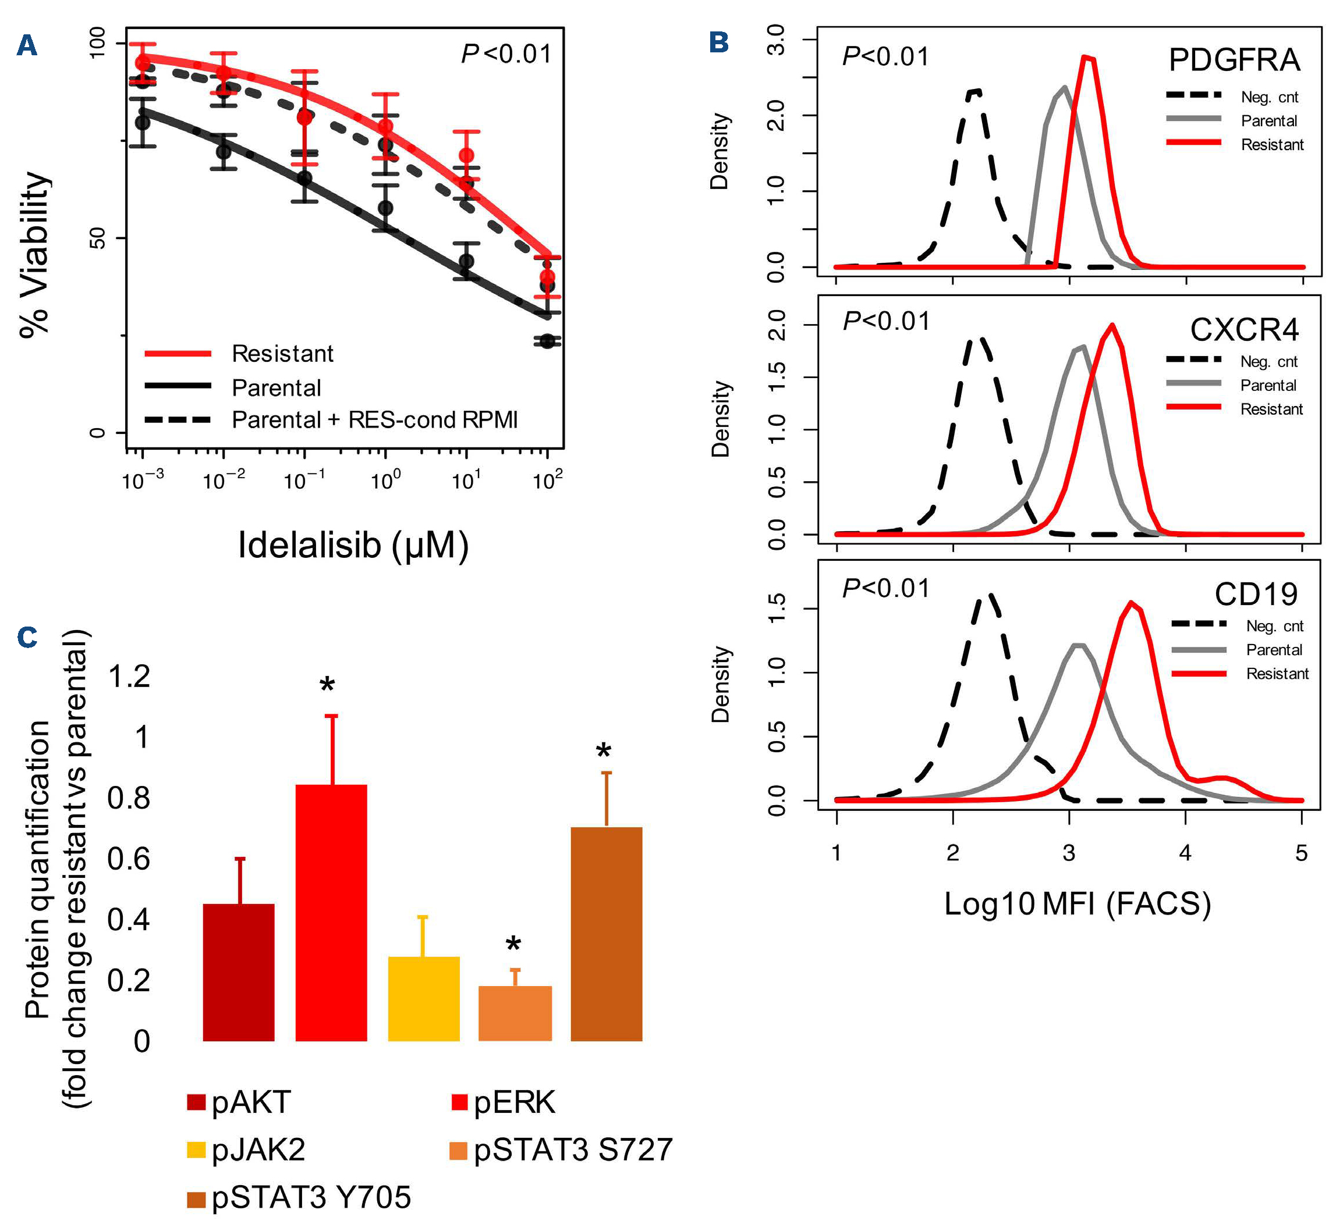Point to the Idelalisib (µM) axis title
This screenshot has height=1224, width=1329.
point(353,545)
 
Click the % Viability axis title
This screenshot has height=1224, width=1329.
point(34,255)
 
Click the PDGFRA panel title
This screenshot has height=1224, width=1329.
point(1234,61)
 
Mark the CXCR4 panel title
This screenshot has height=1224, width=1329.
point(1244,329)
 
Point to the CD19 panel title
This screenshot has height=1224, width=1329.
point(1256,594)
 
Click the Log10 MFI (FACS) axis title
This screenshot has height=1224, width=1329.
point(1077,904)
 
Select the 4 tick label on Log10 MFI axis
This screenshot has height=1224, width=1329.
point(1185,853)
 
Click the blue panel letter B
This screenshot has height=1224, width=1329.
point(718,43)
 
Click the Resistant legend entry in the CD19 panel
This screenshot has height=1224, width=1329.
point(1277,674)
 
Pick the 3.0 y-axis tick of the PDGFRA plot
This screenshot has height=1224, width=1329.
point(776,40)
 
